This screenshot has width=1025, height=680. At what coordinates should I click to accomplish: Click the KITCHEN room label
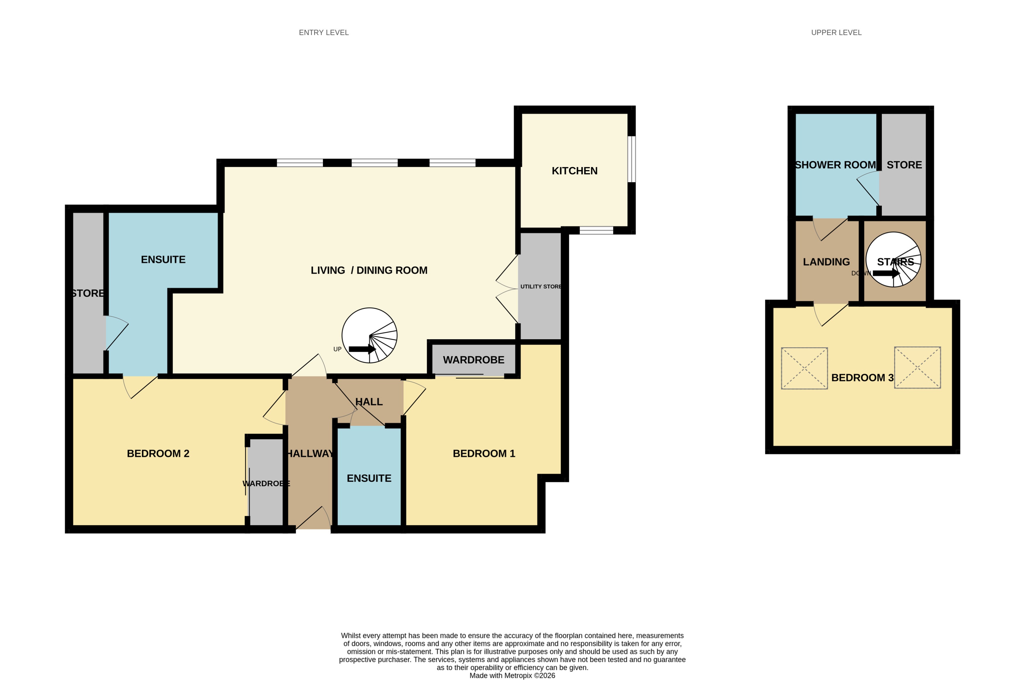[x=574, y=171]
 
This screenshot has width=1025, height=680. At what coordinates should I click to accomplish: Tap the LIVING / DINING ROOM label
[x=369, y=270]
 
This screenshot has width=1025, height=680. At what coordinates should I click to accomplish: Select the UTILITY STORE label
[x=541, y=287]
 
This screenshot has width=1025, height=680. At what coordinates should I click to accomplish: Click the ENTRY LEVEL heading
[x=323, y=32]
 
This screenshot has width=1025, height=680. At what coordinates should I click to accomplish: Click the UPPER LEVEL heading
[x=836, y=32]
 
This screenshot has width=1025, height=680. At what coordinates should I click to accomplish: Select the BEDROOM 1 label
[x=484, y=454]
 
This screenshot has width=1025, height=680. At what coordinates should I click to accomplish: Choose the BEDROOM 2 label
[x=158, y=454]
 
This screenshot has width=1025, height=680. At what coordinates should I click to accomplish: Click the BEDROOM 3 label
[x=862, y=378]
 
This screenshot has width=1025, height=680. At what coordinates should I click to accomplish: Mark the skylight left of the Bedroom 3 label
[x=804, y=368]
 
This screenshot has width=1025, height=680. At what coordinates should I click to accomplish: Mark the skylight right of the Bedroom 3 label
[x=917, y=367]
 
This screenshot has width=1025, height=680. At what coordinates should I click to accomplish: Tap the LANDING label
[x=826, y=262]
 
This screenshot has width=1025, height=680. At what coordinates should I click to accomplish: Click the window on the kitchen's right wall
[x=632, y=159]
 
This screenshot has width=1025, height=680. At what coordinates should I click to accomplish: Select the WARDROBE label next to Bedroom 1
[x=473, y=360]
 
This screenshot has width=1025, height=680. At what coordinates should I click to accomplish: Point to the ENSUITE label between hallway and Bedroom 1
[x=369, y=478]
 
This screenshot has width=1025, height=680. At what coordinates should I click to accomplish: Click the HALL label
[x=369, y=402]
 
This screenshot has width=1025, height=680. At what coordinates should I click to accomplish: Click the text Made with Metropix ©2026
[x=512, y=675]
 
